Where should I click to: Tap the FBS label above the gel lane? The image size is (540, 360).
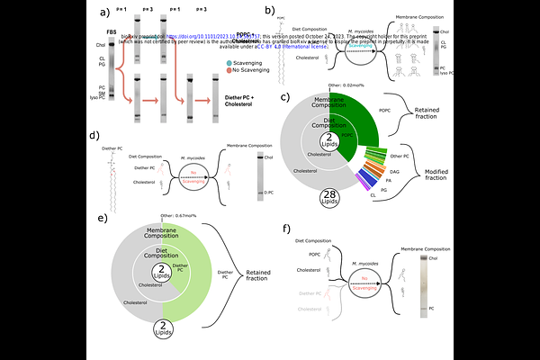tap(111, 32)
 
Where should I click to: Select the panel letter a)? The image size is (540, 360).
tap(104, 13)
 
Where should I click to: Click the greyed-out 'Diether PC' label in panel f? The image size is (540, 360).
tap(309, 293)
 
